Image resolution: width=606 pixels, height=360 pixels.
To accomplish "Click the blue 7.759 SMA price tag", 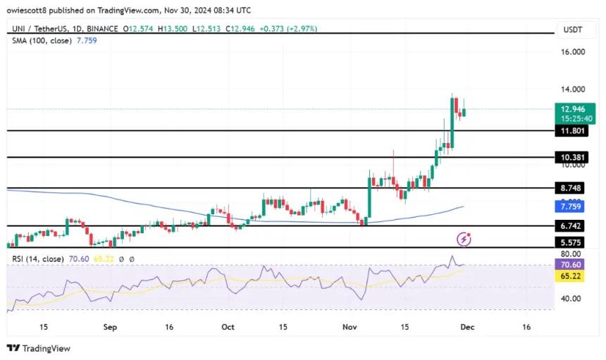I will (x=569, y=207).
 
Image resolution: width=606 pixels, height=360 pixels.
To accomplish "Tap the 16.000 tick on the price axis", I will (x=573, y=52).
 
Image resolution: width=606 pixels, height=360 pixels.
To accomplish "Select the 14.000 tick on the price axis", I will (x=573, y=89).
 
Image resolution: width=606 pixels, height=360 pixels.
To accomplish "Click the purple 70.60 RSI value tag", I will (x=569, y=265).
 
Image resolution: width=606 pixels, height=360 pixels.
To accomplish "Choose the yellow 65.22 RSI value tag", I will (x=569, y=277).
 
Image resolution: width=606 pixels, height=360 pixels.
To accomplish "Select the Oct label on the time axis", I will (x=227, y=328).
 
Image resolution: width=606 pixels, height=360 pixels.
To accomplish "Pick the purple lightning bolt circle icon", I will (x=464, y=239).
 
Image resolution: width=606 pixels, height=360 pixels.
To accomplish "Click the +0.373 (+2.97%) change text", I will (x=289, y=29).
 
